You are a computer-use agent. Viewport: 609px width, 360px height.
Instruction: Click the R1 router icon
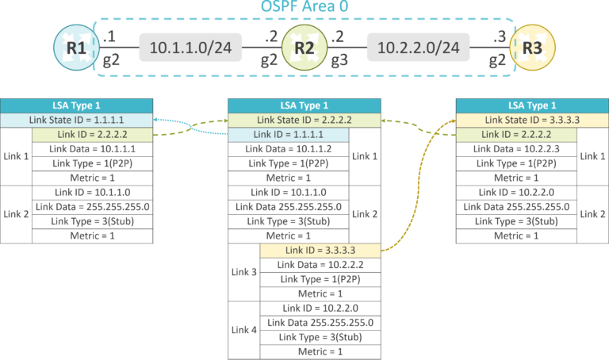[x=77, y=47]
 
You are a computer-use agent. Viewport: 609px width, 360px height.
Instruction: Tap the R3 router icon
[x=533, y=47]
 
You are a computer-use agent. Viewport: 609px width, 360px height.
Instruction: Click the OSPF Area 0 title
[x=304, y=9]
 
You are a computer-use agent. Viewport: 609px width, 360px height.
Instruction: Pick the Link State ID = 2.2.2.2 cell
[x=304, y=120]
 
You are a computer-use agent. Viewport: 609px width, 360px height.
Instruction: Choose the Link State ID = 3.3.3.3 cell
[x=531, y=120]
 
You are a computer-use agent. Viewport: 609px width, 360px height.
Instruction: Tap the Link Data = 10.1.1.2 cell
[x=288, y=149]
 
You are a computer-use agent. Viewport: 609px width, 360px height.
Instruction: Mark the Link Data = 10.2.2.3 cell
[x=516, y=149]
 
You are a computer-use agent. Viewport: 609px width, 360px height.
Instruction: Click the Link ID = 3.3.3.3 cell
[x=320, y=250]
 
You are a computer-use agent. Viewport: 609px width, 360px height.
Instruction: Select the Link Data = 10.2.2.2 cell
[x=320, y=264]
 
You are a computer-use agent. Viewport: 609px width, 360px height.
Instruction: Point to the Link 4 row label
[x=243, y=329]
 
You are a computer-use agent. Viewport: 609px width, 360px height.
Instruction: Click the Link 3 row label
[x=243, y=272]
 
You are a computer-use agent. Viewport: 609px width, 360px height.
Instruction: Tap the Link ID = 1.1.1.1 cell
[x=288, y=135]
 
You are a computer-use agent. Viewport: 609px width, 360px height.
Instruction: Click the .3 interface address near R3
[x=499, y=35]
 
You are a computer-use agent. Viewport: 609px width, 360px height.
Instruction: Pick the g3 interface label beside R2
[x=339, y=58]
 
